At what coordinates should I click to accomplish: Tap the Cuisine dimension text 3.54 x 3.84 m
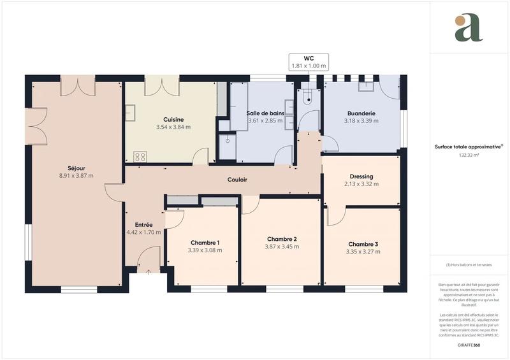(173, 127)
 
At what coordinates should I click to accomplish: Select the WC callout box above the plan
(309, 62)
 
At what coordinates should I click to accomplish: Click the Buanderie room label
(361, 113)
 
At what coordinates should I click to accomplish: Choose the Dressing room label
(361, 176)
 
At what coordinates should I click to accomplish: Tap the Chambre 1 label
(205, 243)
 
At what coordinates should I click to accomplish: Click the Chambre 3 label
(363, 244)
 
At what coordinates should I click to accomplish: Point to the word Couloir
(237, 180)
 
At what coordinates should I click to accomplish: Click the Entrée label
(143, 225)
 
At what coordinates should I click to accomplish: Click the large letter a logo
(469, 28)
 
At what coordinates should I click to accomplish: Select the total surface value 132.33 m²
(469, 155)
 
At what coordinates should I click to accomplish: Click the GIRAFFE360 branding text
(469, 345)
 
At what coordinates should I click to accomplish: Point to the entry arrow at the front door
(149, 272)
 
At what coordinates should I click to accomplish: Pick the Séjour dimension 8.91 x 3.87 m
(76, 176)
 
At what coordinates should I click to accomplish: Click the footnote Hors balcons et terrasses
(469, 264)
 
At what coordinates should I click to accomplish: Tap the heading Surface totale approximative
(469, 147)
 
